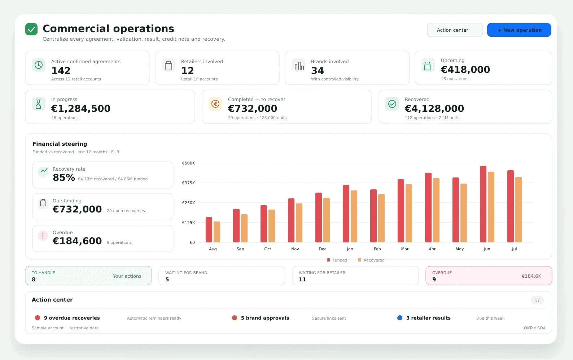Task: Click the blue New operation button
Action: (519, 30)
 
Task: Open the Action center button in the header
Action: (455, 30)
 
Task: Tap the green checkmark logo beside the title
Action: (31, 29)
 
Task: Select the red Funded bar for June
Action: (483, 204)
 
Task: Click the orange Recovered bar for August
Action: (216, 232)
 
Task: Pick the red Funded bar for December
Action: (319, 217)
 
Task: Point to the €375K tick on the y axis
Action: (188, 183)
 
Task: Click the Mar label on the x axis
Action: (405, 249)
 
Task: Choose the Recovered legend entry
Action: (371, 260)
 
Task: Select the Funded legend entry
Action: (337, 260)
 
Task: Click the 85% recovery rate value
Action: (64, 177)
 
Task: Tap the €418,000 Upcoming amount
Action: (465, 70)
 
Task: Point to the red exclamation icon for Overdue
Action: (43, 236)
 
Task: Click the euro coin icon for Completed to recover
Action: (215, 104)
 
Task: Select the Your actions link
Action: (127, 276)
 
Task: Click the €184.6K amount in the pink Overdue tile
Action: (531, 276)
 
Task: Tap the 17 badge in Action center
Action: (537, 300)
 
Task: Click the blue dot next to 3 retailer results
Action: (399, 318)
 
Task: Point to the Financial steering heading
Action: (60, 144)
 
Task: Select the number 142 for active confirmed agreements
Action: (61, 71)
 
